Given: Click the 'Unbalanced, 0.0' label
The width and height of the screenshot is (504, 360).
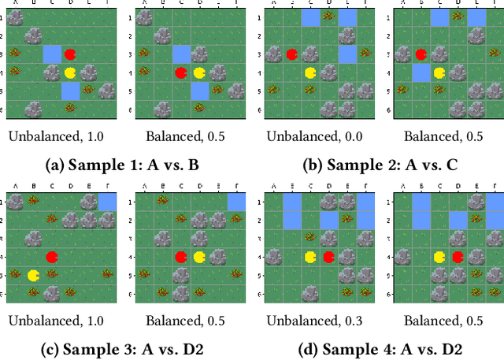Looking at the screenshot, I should tap(315, 136).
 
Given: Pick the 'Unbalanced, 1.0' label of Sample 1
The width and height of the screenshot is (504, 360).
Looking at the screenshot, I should tap(56, 136).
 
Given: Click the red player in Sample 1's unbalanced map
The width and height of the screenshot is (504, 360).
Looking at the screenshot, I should tap(70, 54).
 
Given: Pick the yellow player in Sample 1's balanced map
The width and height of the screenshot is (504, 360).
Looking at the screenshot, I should tap(200, 72).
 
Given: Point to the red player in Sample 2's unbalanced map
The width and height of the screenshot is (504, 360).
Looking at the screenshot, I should tap(291, 54).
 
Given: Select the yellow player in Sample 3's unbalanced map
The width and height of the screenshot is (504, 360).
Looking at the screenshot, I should tap(33, 275).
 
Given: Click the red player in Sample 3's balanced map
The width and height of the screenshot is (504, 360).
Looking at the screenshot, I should tap(181, 257).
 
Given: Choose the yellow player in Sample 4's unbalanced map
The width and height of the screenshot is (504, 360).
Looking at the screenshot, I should tap(310, 257).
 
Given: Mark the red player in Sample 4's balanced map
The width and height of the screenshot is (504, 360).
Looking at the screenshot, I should tap(458, 257).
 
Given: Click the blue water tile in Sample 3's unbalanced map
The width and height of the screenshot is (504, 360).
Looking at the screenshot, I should tap(106, 202).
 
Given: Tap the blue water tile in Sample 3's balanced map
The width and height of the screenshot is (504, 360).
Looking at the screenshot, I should tap(235, 202).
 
